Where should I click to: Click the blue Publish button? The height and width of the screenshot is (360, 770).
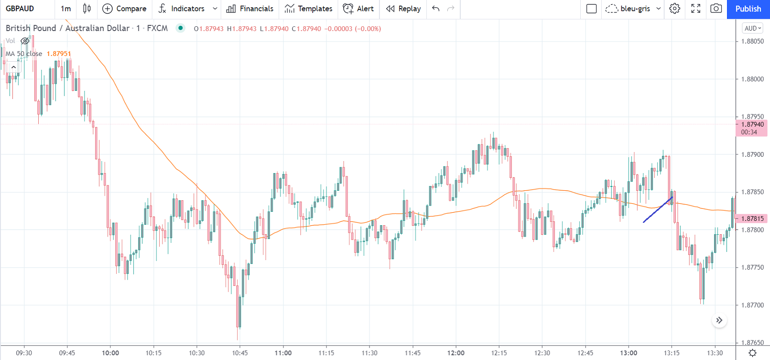coord(748,9)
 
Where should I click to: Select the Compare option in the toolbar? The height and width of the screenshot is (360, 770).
coord(125,9)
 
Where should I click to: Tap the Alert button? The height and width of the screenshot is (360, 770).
coord(358,9)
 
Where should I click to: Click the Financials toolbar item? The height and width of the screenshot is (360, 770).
coord(250,9)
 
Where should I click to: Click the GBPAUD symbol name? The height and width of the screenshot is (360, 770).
coord(20,9)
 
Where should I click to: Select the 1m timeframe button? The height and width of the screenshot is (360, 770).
coord(66,9)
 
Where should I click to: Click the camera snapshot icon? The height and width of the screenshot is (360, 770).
coord(716,9)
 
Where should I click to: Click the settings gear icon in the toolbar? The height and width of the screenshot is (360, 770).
coord(674,9)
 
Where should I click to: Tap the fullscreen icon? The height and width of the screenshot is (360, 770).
coord(695,9)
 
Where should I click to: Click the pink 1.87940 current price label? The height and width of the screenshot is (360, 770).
coord(752,125)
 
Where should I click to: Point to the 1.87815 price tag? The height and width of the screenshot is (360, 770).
coord(752,218)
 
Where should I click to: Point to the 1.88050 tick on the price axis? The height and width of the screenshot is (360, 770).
coord(752,42)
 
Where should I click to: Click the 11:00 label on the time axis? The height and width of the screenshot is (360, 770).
coord(283,353)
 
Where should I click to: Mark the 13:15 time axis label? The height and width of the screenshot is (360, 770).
coord(671,353)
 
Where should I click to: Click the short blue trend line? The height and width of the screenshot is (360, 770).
coord(658,210)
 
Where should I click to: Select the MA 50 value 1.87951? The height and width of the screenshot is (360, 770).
coord(59,54)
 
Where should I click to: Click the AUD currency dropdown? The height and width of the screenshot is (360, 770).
coord(752,28)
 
